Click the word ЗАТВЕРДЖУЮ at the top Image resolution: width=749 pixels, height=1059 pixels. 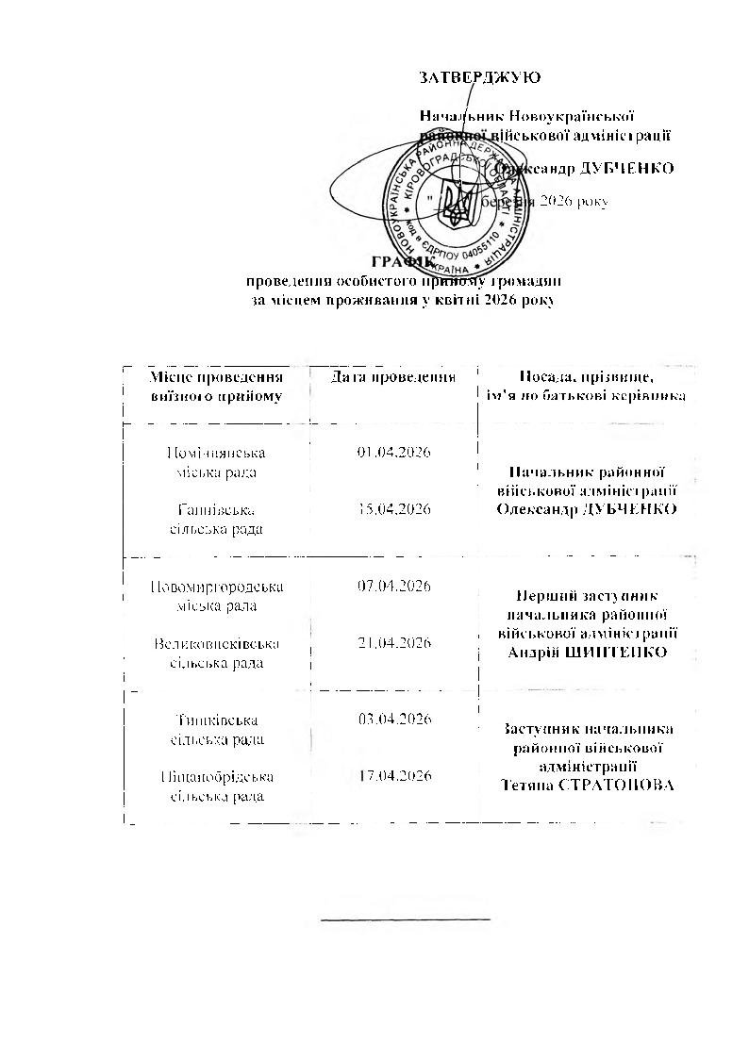click(x=480, y=77)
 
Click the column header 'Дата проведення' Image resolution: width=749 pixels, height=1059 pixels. click(x=393, y=377)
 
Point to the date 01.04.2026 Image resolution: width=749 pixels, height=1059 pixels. click(x=394, y=453)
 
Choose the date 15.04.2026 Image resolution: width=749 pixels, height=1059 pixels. click(x=394, y=509)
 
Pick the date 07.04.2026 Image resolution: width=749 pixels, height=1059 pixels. click(x=394, y=587)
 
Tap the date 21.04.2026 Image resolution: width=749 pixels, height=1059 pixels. click(x=394, y=643)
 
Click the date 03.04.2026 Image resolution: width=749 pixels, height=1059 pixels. click(x=394, y=720)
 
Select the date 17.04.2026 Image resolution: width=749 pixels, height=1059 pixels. click(x=394, y=776)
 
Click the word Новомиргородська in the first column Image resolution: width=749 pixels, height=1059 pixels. click(x=217, y=587)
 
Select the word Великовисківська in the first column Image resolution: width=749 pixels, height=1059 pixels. click(x=217, y=643)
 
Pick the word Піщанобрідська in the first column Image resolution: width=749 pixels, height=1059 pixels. click(x=217, y=776)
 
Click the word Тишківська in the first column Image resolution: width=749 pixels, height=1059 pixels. click(x=217, y=720)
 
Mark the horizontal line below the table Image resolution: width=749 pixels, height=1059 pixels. click(x=406, y=918)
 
